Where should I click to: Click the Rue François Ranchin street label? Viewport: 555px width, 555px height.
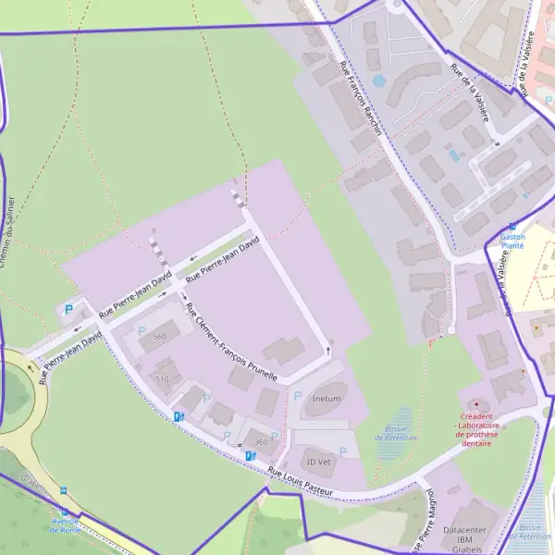coord(361,100)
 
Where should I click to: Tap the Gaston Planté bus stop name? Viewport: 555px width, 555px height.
coord(512,241)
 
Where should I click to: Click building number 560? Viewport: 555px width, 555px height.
coord(159,337)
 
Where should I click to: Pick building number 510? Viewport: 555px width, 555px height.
coord(163,379)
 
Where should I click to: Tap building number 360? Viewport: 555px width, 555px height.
coord(261,442)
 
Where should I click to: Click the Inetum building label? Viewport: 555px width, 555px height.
coord(327,399)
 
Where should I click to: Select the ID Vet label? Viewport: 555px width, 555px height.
coord(319,461)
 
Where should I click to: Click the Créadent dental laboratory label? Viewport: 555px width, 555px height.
coord(475,430)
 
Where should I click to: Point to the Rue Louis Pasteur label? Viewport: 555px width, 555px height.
coord(300,481)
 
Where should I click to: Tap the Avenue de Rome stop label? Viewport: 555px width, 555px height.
coord(64,524)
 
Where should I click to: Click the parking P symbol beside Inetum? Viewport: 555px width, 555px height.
coord(297,396)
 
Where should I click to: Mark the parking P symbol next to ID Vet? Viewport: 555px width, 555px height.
coord(343,451)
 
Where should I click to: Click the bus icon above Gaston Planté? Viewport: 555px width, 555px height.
coord(512,226)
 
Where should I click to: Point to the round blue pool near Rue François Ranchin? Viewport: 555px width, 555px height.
coord(378,81)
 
